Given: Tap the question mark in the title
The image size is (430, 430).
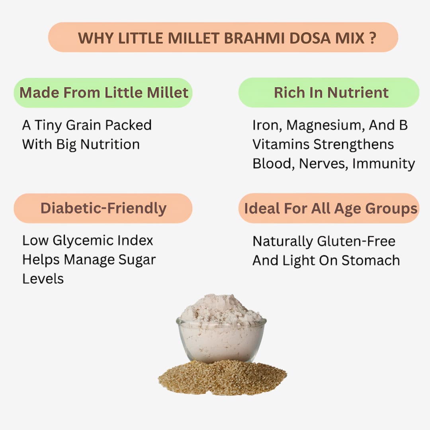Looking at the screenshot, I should click(372, 38).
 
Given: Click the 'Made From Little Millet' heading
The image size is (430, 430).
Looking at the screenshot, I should click(104, 92).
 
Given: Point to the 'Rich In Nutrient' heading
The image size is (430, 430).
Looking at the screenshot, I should click(331, 92).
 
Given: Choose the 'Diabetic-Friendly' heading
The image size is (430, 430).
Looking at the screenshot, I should click(104, 208).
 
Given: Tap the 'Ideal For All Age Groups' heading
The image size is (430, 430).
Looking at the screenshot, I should click(330, 208).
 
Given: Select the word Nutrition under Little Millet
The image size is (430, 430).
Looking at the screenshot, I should click(110, 144).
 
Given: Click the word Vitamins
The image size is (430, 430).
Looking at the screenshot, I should click(281, 144).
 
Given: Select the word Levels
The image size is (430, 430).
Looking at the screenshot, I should click(43, 279).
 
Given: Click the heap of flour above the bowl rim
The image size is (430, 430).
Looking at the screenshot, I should click(221, 309).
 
